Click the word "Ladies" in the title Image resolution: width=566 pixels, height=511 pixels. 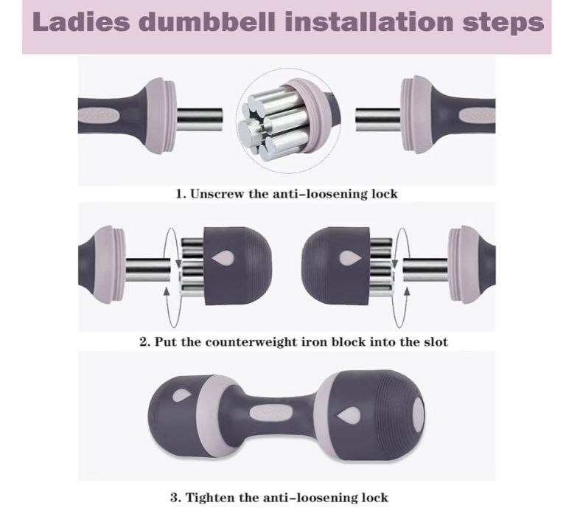(x=81, y=21)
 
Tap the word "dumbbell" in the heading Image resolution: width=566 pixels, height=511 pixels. (x=207, y=21)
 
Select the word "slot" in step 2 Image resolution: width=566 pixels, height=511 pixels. (x=436, y=341)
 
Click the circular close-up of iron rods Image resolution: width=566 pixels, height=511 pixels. (x=290, y=119)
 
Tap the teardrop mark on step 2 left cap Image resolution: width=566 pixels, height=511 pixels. (x=222, y=259)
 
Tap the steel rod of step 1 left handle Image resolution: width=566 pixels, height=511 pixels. (x=200, y=119)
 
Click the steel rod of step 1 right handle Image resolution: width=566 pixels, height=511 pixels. (x=378, y=119)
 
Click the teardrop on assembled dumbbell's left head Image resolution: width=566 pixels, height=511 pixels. (x=181, y=396)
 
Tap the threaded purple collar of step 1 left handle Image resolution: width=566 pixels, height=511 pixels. (x=161, y=117)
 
